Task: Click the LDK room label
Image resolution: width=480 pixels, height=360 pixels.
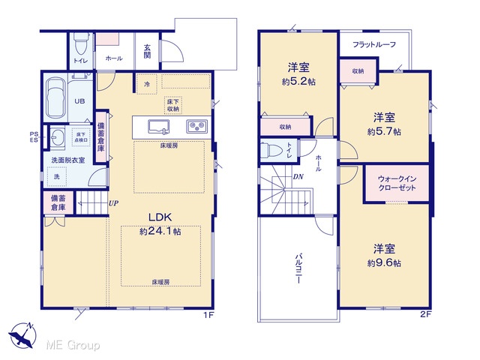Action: [160, 217]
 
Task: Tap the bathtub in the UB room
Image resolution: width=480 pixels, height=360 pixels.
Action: [55, 98]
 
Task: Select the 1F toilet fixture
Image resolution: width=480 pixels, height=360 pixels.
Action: [82, 43]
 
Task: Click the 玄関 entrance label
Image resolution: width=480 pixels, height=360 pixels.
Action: [147, 51]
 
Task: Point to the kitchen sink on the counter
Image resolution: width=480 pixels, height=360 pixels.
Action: [159, 127]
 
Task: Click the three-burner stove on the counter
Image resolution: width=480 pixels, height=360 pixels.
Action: [196, 125]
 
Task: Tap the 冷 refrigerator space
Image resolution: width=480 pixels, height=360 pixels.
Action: [147, 84]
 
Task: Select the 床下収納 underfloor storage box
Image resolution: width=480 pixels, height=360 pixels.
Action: [173, 105]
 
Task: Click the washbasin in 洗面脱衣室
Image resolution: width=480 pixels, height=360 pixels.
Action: [58, 136]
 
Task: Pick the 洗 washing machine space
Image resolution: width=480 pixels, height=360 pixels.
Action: [57, 177]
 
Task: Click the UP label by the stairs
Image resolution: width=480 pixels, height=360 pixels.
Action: [113, 203]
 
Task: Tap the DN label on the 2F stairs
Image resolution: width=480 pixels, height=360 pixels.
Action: [298, 177]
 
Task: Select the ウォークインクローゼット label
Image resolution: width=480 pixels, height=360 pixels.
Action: [397, 183]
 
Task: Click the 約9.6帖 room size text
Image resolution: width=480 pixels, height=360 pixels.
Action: [384, 263]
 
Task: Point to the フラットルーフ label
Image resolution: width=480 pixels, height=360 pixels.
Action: [374, 44]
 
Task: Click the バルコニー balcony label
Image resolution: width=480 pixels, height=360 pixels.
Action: [298, 268]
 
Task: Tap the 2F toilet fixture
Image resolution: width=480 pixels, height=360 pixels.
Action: [271, 150]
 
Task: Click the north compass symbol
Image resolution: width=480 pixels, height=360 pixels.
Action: [22, 335]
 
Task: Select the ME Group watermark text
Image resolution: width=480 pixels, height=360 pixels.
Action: [73, 345]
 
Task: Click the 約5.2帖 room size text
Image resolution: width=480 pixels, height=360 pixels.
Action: [298, 82]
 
